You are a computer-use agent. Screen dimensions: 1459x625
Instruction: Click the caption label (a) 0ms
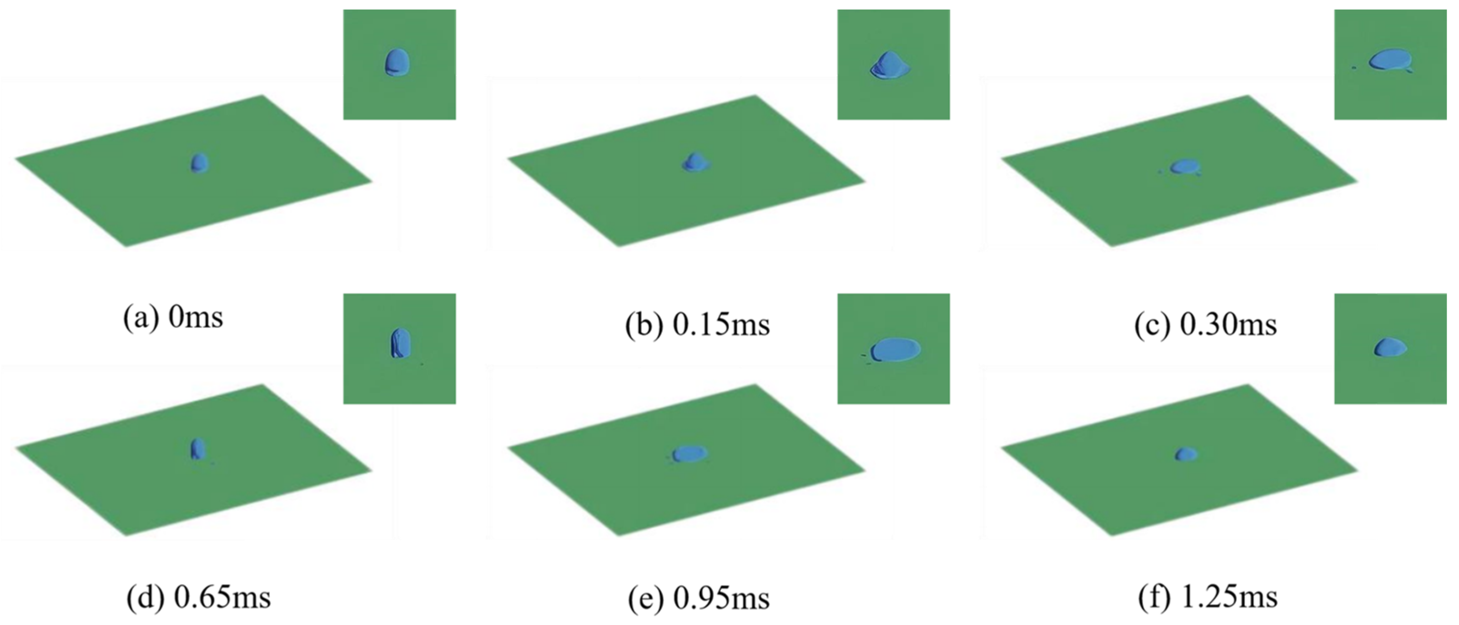click(173, 318)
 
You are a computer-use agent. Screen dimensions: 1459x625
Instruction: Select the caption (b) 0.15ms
click(697, 325)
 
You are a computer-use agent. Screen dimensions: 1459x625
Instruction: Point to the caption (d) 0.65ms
click(198, 597)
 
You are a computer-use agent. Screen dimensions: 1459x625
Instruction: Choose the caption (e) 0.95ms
click(699, 598)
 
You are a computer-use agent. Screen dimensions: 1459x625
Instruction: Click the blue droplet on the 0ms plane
click(199, 163)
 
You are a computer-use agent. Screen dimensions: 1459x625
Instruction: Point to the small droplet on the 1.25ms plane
click(1186, 454)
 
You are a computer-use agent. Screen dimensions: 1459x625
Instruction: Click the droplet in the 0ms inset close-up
click(397, 62)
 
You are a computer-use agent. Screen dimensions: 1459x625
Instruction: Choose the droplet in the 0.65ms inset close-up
click(400, 343)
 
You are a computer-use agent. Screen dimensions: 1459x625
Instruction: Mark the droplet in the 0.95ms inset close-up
click(896, 349)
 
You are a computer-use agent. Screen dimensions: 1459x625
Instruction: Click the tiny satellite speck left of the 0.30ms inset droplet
click(1354, 83)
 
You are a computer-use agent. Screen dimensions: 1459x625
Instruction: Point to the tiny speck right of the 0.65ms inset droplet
click(422, 364)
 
